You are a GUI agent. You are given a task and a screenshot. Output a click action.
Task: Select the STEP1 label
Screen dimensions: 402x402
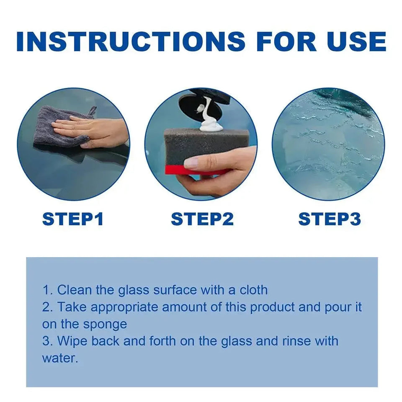73,219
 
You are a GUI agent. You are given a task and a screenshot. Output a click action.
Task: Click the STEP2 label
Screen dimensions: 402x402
202,219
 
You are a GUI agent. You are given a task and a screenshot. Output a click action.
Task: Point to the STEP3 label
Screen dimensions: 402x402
330,219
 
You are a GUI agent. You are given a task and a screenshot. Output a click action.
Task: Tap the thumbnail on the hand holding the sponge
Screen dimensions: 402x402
191,162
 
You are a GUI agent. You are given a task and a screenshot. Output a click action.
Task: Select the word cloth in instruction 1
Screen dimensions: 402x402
254,290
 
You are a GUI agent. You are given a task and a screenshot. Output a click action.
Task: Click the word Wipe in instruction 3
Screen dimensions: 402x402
72,342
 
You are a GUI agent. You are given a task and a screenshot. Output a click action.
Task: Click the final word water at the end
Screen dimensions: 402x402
60,358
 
